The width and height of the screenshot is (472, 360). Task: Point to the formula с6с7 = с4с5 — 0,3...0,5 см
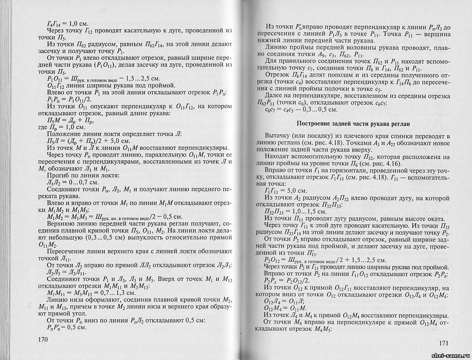pyautogui.click(x=301, y=109)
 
